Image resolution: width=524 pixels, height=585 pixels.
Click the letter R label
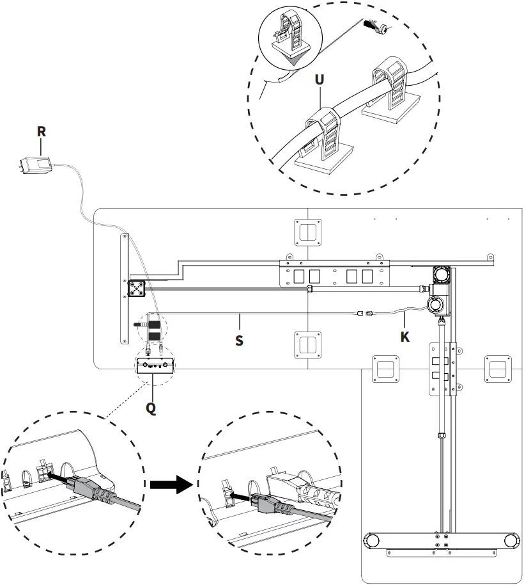[42, 131]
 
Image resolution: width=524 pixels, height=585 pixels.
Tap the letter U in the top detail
[320, 80]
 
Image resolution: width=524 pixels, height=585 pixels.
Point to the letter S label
[239, 341]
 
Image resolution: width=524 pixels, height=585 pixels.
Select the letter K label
[405, 336]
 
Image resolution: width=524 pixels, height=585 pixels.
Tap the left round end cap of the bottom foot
[371, 540]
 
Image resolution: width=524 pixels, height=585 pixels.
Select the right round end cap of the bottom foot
[511, 540]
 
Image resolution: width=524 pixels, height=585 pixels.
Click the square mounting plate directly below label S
[307, 346]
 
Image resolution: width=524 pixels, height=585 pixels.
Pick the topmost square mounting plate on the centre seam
[307, 232]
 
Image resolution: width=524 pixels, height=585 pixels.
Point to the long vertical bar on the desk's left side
[123, 288]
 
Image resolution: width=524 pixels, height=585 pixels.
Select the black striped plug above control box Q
[154, 328]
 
